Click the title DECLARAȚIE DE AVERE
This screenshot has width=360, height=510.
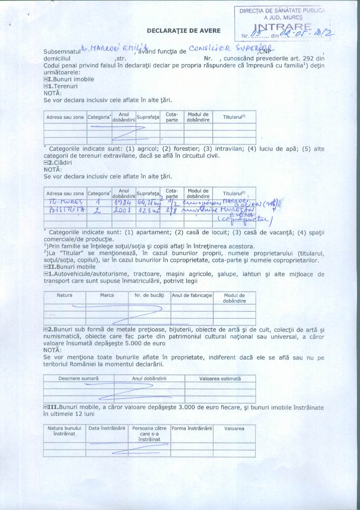(x=183, y=31)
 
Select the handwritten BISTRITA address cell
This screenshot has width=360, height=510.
(x=65, y=210)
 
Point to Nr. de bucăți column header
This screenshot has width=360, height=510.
(x=149, y=295)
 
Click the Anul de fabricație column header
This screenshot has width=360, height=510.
(x=192, y=295)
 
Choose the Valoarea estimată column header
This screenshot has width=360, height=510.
(x=220, y=379)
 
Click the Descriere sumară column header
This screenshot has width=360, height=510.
(x=79, y=379)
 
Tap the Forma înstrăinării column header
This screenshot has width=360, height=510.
(x=192, y=428)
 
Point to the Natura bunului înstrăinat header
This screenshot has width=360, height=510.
(x=65, y=431)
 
